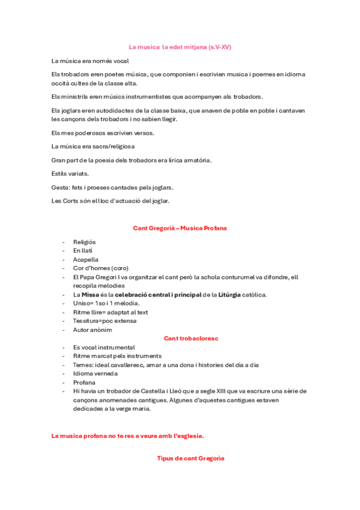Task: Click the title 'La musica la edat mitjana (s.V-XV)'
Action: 180,47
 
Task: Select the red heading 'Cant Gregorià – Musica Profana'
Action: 180,229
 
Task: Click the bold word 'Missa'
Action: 91,295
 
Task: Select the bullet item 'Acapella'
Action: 86,259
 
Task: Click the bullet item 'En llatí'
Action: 84,250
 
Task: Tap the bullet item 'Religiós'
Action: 85,242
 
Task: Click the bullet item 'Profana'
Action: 84,382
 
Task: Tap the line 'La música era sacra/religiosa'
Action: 93,146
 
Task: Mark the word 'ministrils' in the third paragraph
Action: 75,96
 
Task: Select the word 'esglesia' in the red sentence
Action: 189,435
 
